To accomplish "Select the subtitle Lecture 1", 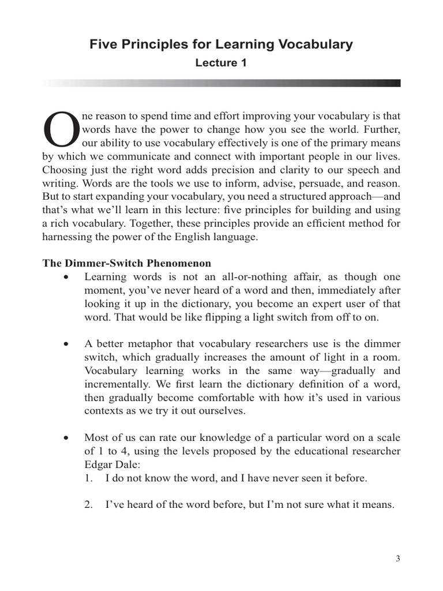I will [x=221, y=63].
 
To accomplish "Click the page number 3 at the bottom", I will [x=398, y=558].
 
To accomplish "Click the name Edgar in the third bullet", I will [x=99, y=463].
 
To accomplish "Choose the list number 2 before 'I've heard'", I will [x=88, y=504].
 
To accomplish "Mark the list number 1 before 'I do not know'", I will [x=88, y=478].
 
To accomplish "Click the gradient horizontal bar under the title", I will [x=221, y=83].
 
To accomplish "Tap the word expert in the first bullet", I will [x=333, y=304].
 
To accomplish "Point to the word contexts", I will [x=103, y=411].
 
